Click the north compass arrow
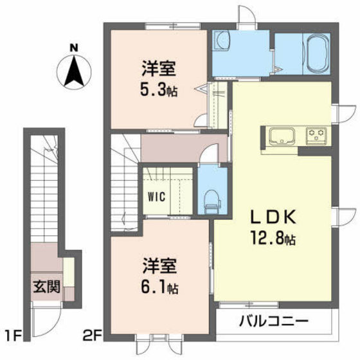click(x=75, y=71)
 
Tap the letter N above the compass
click(x=75, y=46)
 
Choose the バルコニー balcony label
click(x=276, y=320)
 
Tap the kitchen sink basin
click(x=282, y=136)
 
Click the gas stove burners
click(x=316, y=135)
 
